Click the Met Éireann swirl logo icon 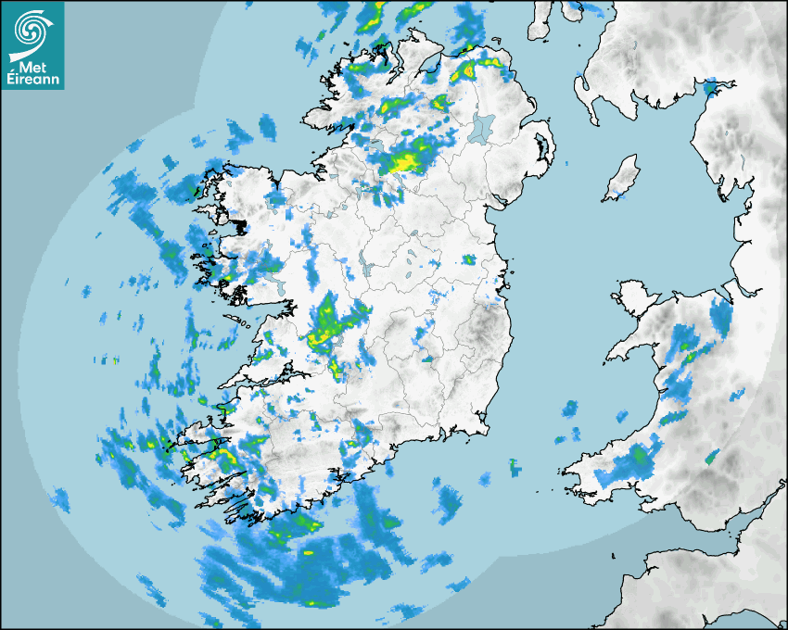[x=32, y=29]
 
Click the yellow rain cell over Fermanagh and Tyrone [x=406, y=161]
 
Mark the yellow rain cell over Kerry [x=223, y=455]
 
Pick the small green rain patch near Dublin [x=469, y=260]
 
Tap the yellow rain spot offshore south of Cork [x=309, y=553]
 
